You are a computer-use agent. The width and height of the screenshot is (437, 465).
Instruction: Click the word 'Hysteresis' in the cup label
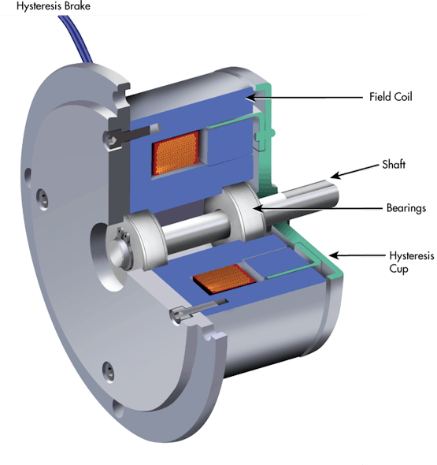pyautogui.click(x=410, y=255)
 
